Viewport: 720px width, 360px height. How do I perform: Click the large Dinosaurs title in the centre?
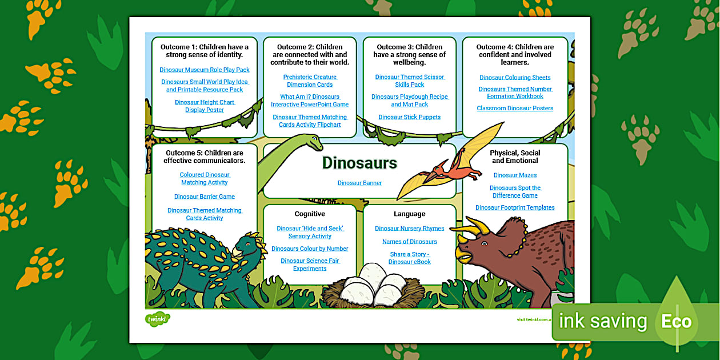click(359, 163)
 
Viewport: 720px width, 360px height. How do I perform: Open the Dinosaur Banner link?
click(359, 183)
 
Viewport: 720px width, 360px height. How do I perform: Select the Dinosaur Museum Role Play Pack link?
click(205, 70)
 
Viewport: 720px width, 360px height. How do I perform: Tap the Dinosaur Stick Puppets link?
click(409, 117)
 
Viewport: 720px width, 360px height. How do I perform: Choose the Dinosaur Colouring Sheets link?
click(515, 78)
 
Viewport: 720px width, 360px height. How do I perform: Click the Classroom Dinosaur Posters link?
click(515, 109)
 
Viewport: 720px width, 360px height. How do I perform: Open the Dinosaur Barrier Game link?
click(205, 197)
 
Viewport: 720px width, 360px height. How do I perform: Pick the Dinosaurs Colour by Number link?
click(310, 249)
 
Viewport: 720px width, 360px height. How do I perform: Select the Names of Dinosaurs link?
click(409, 242)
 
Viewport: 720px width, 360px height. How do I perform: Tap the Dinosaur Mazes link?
click(515, 175)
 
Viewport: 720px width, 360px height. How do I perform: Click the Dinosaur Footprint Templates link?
click(515, 208)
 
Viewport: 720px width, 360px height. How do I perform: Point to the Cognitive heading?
click(310, 214)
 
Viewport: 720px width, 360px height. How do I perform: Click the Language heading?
click(409, 214)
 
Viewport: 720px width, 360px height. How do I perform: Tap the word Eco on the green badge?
click(677, 322)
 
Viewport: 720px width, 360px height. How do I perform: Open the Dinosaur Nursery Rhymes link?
click(409, 229)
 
